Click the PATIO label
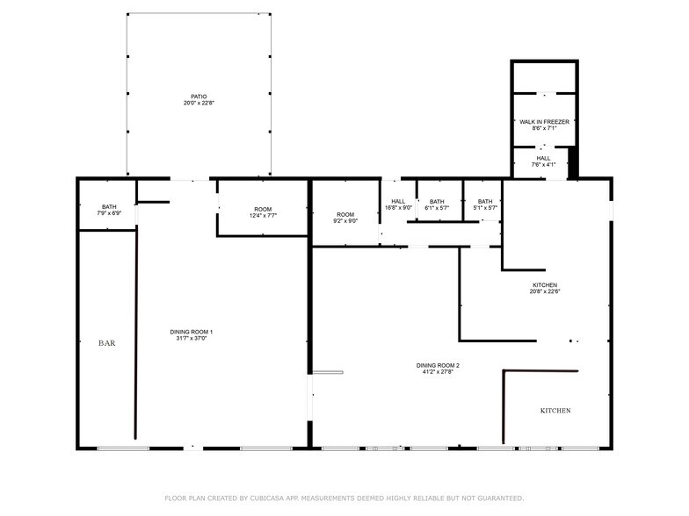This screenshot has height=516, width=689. pyautogui.click(x=199, y=97)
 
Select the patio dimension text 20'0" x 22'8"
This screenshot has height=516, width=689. pyautogui.click(x=199, y=104)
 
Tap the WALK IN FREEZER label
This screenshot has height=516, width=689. pyautogui.click(x=543, y=122)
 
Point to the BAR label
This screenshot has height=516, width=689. pyautogui.click(x=106, y=343)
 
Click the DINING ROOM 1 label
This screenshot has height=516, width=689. pyautogui.click(x=192, y=331)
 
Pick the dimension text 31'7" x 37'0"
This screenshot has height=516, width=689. pyautogui.click(x=192, y=338)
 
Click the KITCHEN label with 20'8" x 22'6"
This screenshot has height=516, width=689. pyautogui.click(x=545, y=285)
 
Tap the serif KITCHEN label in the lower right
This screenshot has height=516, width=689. pyautogui.click(x=555, y=411)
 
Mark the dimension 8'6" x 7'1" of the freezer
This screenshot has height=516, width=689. pyautogui.click(x=543, y=129)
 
